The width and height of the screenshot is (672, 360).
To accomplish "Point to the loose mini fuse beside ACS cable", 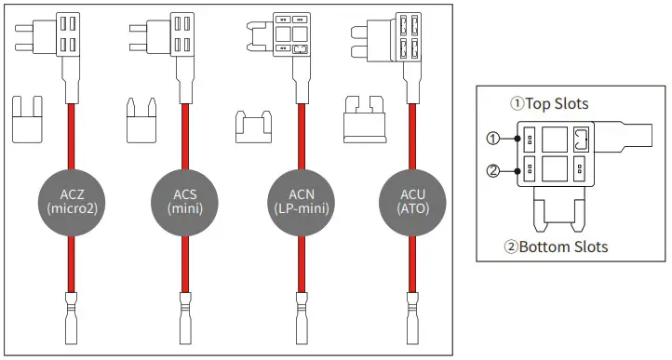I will pyautogui.click(x=140, y=120).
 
